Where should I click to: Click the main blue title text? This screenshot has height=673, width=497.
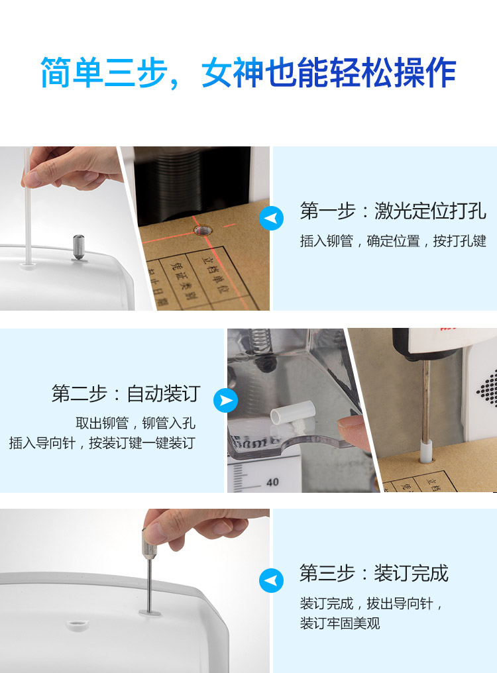248,73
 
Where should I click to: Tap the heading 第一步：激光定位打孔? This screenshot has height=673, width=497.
392,211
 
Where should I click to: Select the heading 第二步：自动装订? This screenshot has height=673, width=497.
126,393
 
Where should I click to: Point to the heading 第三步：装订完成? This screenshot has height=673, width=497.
374,573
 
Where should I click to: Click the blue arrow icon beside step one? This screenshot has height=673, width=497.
271,218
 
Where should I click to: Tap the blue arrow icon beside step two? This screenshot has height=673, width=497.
225,400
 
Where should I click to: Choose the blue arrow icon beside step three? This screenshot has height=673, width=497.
271,580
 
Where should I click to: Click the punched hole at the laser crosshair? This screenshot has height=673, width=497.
203,231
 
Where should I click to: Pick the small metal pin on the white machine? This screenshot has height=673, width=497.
79,248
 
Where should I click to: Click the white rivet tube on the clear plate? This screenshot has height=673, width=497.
294,413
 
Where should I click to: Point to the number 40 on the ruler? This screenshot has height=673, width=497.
272,482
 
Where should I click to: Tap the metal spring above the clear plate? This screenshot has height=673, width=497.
260,341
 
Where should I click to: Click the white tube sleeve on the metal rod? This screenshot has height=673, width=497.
425,450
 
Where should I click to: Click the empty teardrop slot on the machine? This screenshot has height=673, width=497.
78,624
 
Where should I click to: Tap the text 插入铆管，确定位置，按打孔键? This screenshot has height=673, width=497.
393,241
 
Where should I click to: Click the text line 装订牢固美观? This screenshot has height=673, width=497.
340,623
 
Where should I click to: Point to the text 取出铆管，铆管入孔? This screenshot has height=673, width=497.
135,423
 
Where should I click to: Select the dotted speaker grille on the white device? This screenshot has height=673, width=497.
488,388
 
